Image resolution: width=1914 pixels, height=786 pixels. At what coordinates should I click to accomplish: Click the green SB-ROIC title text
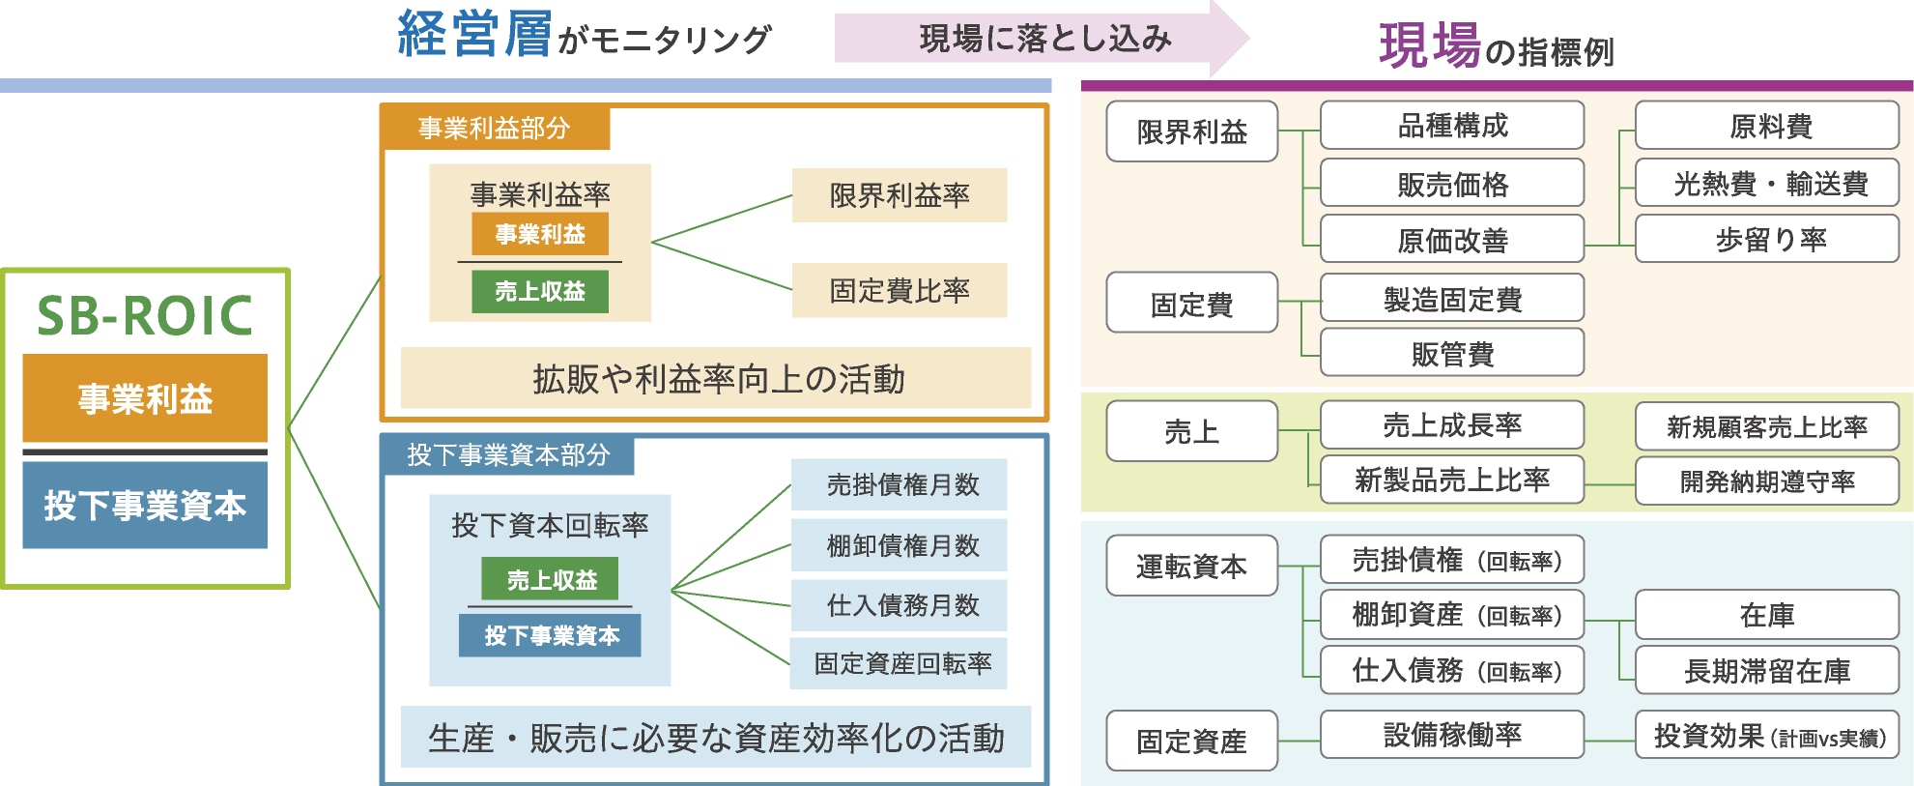[145, 316]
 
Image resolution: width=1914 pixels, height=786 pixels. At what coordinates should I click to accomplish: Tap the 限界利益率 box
[899, 195]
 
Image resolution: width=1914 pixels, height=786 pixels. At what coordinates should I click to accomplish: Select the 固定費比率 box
[899, 290]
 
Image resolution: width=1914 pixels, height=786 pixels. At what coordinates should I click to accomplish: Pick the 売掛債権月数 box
[899, 484]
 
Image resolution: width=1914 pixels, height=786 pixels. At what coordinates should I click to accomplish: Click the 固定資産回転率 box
[899, 663]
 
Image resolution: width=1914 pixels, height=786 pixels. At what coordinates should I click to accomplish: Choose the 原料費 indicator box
[1767, 126]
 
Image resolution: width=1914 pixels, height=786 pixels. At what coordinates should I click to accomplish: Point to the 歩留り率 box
[1767, 239]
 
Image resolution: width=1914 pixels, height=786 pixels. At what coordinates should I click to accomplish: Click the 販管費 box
[1451, 353]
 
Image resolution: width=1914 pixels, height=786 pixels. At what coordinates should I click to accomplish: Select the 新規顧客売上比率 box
[1767, 426]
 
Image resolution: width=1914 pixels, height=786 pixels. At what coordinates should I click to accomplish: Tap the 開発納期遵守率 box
[1767, 480]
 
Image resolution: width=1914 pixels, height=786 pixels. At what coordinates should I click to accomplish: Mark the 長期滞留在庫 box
[1767, 671]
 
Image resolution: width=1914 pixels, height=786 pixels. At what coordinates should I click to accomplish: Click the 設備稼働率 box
[1451, 735]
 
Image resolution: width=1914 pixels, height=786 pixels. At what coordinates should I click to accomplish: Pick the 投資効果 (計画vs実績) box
[1767, 737]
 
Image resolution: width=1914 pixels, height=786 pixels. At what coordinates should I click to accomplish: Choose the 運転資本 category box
[1191, 566]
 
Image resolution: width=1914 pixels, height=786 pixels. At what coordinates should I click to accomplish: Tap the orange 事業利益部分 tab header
[495, 128]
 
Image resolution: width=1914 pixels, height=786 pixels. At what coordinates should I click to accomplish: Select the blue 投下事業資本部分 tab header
[508, 454]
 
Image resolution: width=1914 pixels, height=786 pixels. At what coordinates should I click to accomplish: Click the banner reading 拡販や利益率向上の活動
[716, 378]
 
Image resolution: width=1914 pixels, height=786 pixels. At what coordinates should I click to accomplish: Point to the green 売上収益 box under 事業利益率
[540, 291]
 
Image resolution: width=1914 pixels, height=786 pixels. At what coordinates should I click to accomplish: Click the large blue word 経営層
[474, 35]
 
